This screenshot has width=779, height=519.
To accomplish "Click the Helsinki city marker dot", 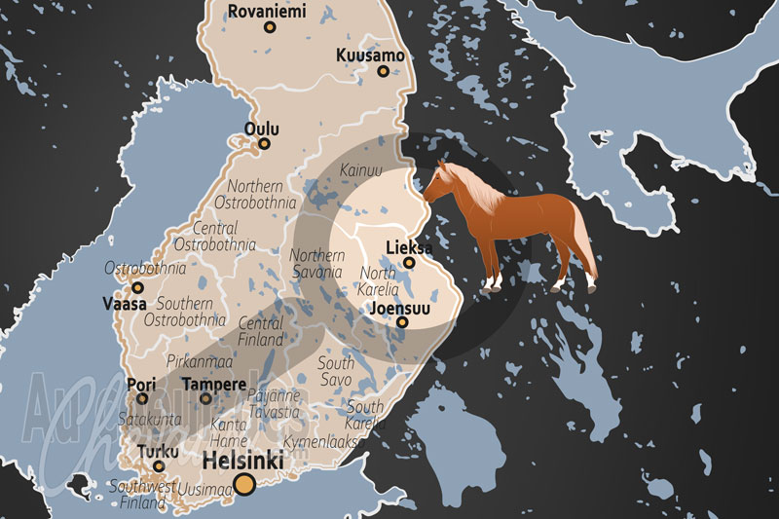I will [244, 484].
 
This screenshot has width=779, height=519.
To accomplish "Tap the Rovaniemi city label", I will [266, 12].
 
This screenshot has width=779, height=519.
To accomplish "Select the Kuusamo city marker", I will [383, 71].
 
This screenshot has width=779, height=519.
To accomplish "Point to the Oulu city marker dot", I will [264, 144].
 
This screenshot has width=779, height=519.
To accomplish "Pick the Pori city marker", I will [142, 397].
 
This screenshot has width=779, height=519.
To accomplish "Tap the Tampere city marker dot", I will [205, 397].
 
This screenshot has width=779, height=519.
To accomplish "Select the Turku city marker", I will [159, 466].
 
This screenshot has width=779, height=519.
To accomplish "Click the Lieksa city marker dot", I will [410, 262].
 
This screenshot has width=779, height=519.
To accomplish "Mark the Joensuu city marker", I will [400, 322].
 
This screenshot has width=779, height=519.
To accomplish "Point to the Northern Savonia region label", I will [317, 263].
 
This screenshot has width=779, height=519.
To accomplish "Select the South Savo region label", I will [336, 371].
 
